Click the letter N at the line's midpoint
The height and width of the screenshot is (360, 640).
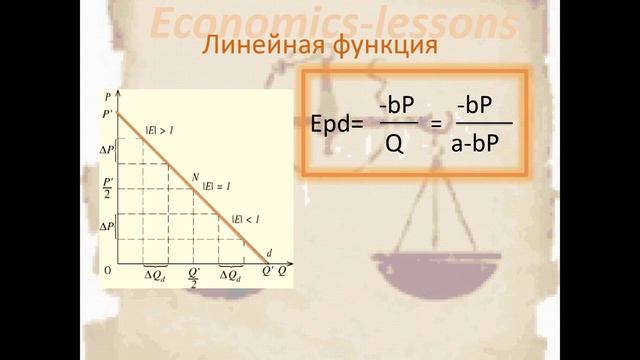(196, 178)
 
